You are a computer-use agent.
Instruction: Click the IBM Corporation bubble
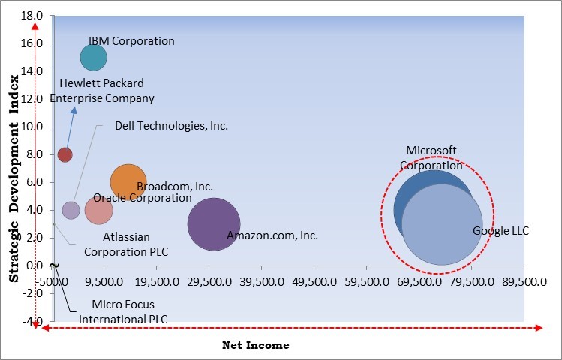pyautogui.click(x=93, y=57)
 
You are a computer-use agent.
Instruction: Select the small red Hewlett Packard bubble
pyautogui.click(x=65, y=154)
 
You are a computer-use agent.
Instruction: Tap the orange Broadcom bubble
pyautogui.click(x=127, y=181)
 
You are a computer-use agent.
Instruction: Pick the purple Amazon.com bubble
pyautogui.click(x=213, y=223)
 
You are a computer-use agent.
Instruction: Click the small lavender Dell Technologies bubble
pyautogui.click(x=71, y=210)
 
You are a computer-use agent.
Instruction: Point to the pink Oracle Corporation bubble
pyautogui.click(x=98, y=210)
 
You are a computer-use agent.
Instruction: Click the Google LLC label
pyautogui.click(x=500, y=231)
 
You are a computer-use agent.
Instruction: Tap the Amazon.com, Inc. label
pyautogui.click(x=272, y=235)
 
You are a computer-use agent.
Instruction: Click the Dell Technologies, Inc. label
pyautogui.click(x=171, y=126)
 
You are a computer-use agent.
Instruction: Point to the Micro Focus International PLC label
pyautogui.click(x=123, y=311)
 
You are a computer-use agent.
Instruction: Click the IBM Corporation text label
pyautogui.click(x=131, y=41)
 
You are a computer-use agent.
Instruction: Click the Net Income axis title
pyautogui.click(x=255, y=346)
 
